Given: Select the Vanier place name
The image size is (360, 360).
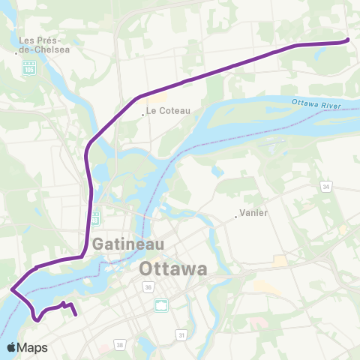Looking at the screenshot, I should (x=254, y=213).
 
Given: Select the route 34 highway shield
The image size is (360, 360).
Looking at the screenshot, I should (x=326, y=186).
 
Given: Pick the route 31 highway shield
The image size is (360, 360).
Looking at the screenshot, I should (x=181, y=334).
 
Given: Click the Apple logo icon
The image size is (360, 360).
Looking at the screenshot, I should (x=13, y=347).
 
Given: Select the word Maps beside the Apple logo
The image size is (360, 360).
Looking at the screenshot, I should (x=34, y=347).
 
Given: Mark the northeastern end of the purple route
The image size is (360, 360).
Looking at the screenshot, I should (x=347, y=40).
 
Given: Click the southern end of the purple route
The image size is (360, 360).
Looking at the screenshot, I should (x=76, y=316).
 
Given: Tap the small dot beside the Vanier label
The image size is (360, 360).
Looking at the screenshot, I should (x=235, y=217).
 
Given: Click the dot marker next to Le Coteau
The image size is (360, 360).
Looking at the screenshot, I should (x=142, y=115).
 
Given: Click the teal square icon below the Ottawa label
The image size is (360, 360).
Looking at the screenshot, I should (x=161, y=304).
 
